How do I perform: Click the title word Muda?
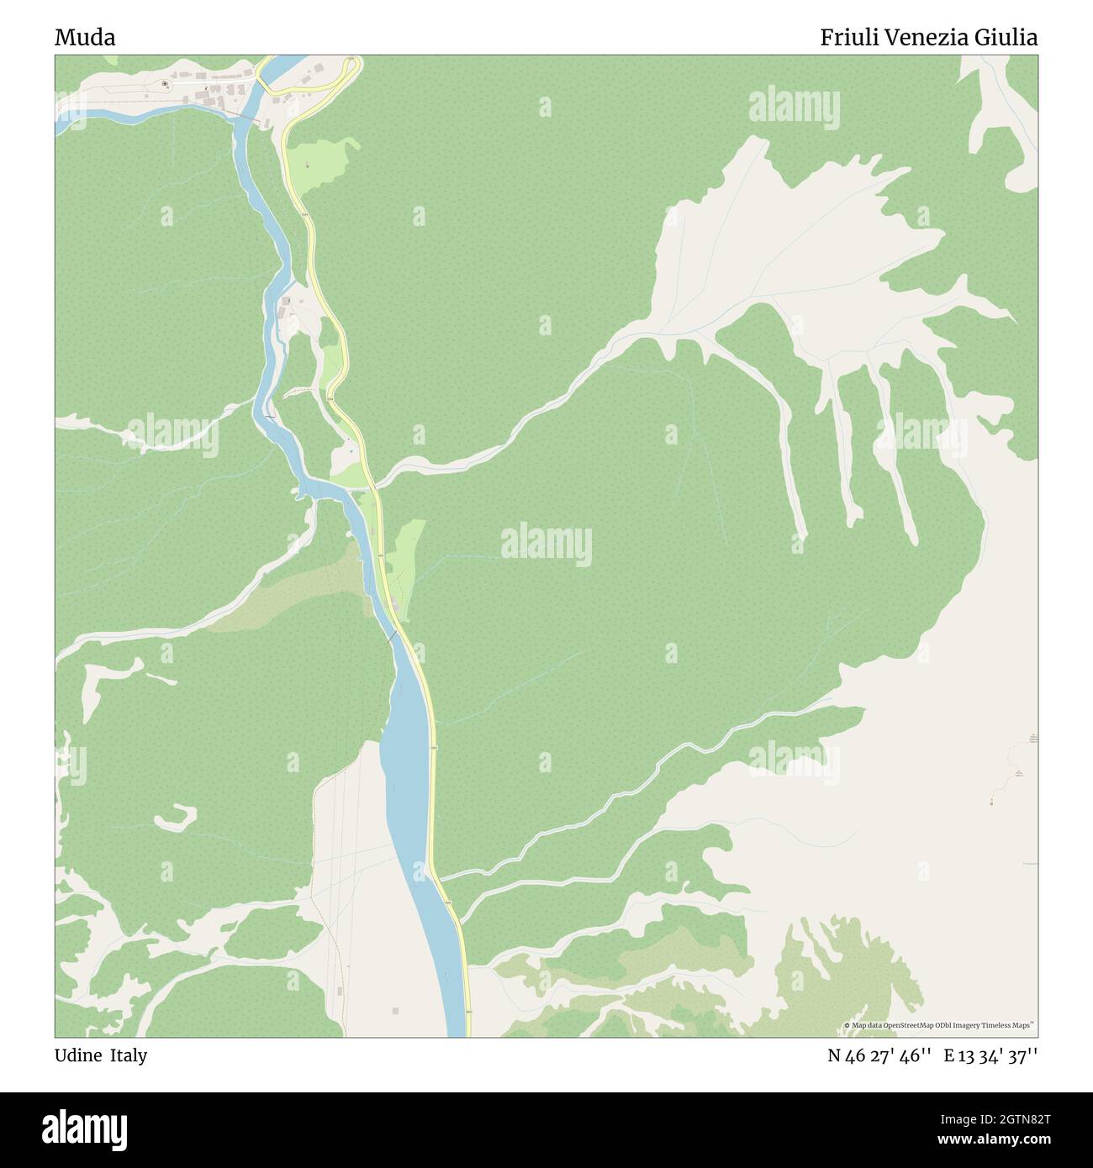point(85,37)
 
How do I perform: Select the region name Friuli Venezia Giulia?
point(928,37)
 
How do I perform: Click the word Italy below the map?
point(129,1055)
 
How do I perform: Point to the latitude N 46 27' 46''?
point(879,1055)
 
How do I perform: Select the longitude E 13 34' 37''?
point(990,1055)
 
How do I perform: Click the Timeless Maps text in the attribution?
point(1011,1025)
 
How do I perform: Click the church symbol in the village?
point(164,83)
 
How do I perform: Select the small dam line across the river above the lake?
point(390,637)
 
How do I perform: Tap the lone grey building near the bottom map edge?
point(395,1010)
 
